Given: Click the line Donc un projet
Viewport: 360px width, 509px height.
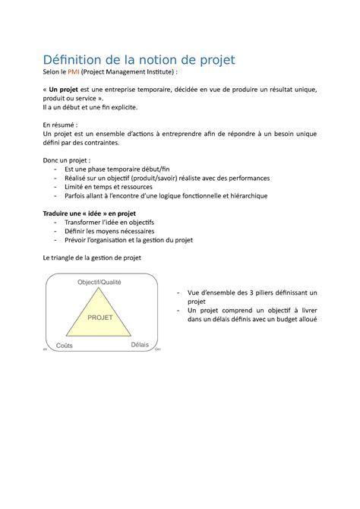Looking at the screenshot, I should [x=68, y=160].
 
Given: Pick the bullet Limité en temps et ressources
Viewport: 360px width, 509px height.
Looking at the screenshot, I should [x=109, y=186].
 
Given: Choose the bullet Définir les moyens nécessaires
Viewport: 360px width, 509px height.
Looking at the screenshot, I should [x=109, y=231].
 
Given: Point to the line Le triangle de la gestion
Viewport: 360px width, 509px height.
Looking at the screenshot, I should [x=91, y=258].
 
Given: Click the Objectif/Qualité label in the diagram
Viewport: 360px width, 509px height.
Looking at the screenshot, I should [x=99, y=283].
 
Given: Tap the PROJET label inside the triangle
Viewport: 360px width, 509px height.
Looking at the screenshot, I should [x=100, y=318].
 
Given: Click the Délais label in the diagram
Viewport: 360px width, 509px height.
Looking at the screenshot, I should [x=140, y=344].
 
